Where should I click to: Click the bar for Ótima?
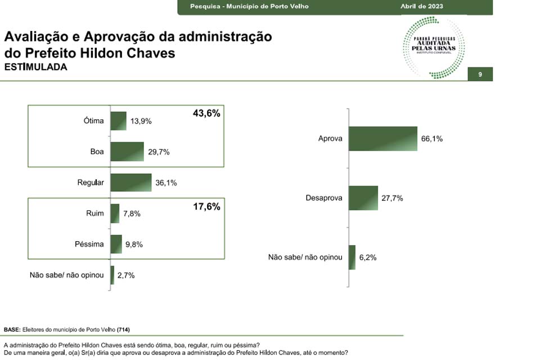118,121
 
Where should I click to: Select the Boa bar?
127,152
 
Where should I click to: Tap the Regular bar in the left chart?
131,183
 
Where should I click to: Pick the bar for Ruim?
115,214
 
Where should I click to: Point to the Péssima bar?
116,244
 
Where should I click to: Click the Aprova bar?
382,138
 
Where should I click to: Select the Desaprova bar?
363,198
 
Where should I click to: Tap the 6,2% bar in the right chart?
352,257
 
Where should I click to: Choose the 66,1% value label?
431,138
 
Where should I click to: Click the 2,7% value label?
125,275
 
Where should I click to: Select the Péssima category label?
89,244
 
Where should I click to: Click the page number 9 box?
480,74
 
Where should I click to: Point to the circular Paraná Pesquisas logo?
433,47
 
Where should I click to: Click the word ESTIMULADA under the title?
35,67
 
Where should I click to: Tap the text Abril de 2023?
421,6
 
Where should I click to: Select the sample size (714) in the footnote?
123,329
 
